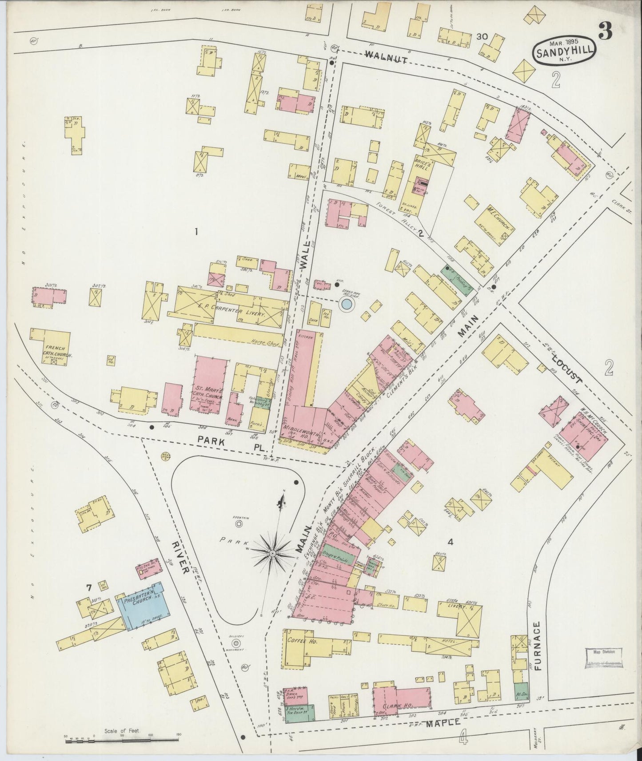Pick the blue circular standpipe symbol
[x=346, y=305]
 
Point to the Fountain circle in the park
[x=239, y=524]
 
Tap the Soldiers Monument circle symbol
[x=236, y=643]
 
